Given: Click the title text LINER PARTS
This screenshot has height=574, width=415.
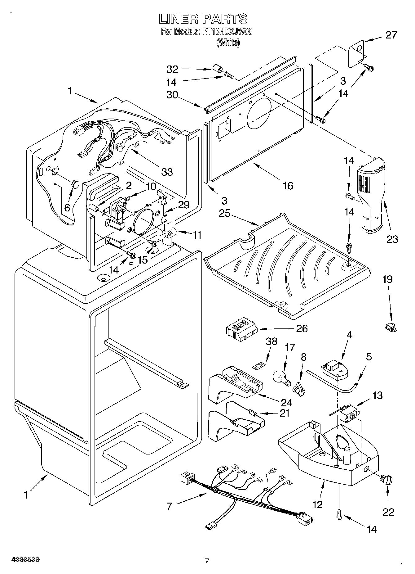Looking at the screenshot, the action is tap(203, 19).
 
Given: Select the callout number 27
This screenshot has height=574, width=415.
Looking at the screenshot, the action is tap(391, 35).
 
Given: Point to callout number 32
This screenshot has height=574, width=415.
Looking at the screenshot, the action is tap(172, 69).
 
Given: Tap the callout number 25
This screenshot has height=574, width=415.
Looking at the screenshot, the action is tap(225, 214).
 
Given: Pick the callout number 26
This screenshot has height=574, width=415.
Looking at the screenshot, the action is tap(302, 328).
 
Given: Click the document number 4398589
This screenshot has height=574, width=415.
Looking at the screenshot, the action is tap(25, 560).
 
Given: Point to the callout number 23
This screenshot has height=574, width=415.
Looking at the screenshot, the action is tap(392, 239).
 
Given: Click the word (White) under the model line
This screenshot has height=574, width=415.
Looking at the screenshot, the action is tap(228, 43).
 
